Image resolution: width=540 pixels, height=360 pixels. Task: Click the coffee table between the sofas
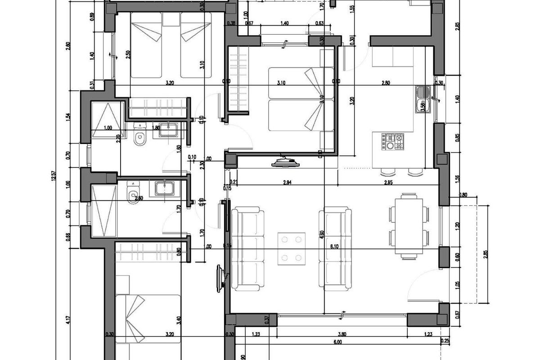(x=292, y=249)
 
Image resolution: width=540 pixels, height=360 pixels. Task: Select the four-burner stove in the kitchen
(x=394, y=141)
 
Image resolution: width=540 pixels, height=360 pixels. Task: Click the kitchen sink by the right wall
(x=423, y=99)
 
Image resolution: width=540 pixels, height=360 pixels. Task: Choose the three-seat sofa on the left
(x=246, y=248)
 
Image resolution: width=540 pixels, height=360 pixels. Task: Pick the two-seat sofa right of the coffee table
(x=335, y=248)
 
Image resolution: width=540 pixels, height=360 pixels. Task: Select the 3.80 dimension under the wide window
(x=342, y=334)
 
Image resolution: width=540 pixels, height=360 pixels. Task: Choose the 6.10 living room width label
(x=335, y=247)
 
